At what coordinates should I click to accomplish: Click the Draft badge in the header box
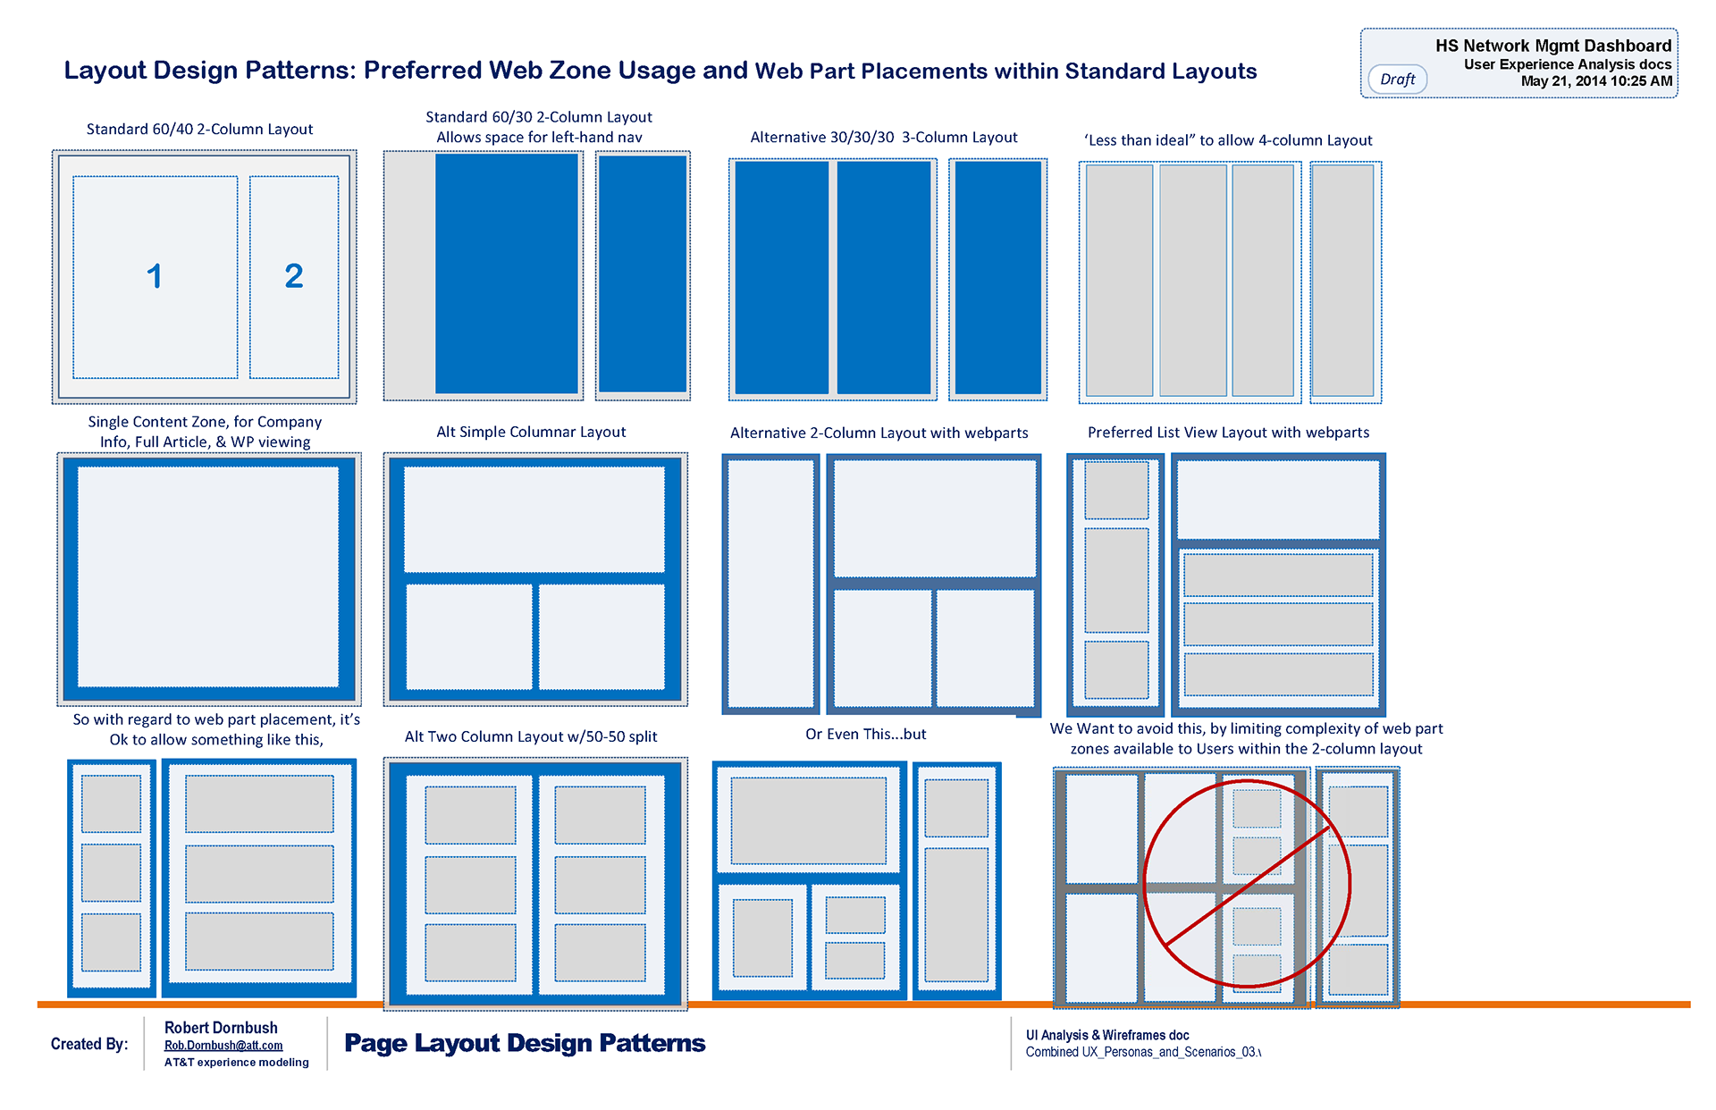click(1397, 80)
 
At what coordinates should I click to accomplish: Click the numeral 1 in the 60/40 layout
click(155, 276)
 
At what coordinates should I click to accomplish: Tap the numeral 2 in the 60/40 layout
click(294, 276)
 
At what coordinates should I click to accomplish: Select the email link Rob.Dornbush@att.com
click(223, 1046)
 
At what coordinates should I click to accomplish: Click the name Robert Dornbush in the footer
click(221, 1028)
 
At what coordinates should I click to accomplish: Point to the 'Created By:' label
click(89, 1044)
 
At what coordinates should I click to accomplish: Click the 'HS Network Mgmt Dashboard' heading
click(1553, 46)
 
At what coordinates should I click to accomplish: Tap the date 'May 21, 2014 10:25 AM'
click(1596, 81)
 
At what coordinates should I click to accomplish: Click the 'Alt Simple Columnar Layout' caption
click(531, 433)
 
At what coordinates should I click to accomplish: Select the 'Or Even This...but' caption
click(865, 735)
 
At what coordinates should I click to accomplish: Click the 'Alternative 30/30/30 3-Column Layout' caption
click(884, 138)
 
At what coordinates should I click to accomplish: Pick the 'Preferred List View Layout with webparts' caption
click(1228, 433)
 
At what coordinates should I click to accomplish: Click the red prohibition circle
click(1247, 883)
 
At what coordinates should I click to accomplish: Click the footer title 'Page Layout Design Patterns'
click(525, 1043)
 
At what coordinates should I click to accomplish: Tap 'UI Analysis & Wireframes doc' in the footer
click(1107, 1035)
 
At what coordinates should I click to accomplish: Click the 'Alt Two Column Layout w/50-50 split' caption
click(531, 737)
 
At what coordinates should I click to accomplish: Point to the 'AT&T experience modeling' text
click(237, 1063)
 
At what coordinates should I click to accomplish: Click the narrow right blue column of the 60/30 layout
click(643, 273)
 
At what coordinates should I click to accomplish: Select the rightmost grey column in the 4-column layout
click(1342, 280)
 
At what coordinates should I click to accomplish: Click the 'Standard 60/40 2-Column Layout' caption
click(199, 130)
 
